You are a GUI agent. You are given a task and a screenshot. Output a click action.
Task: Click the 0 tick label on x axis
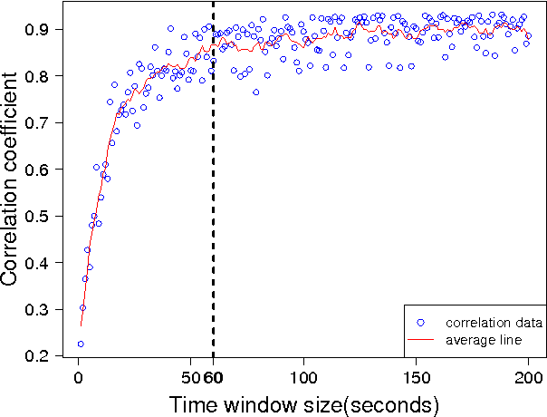pyautogui.click(x=78, y=376)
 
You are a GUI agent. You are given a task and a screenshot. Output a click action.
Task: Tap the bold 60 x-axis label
pyautogui.click(x=214, y=376)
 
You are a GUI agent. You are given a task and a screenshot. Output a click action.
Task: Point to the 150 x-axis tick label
pyautogui.click(x=416, y=376)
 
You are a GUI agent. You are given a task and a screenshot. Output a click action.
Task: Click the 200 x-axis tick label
pyautogui.click(x=528, y=376)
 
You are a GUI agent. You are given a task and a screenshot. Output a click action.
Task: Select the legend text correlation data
pyautogui.click(x=494, y=323)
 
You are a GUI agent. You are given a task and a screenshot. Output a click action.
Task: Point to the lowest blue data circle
pyautogui.click(x=80, y=344)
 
